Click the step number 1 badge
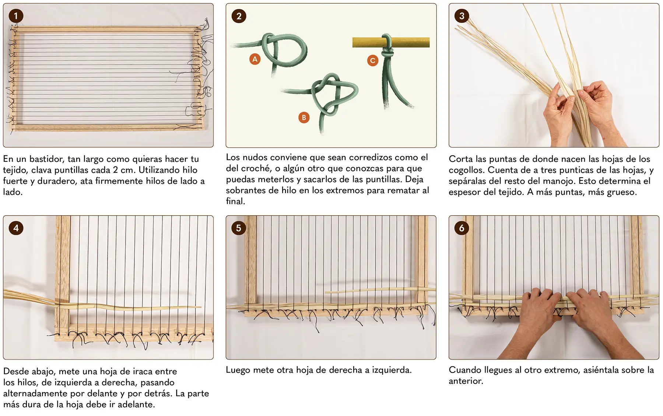[16, 16]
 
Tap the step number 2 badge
[239, 16]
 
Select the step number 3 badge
[462, 16]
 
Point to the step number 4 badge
[16, 228]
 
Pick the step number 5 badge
[239, 228]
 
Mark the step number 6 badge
[462, 228]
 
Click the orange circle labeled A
[255, 59]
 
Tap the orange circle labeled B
[304, 118]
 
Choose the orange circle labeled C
[373, 60]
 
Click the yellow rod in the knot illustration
[391, 42]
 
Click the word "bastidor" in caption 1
[46, 159]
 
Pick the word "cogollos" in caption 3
[466, 170]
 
